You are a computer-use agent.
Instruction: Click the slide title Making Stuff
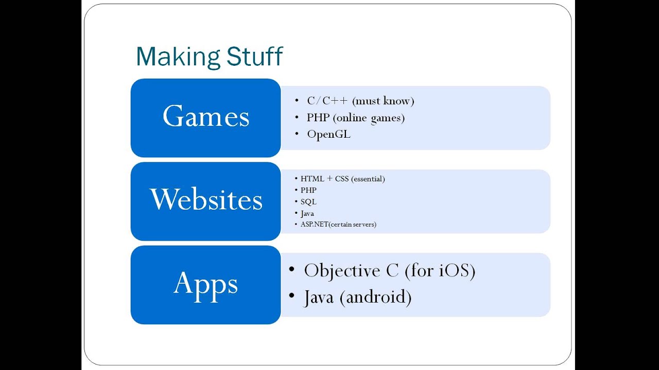click(x=209, y=57)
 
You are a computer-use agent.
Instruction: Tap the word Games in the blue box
click(x=206, y=116)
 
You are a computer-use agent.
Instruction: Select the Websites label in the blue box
click(x=206, y=199)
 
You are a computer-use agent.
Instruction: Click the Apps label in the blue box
click(x=206, y=283)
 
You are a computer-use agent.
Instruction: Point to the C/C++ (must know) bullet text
click(x=360, y=101)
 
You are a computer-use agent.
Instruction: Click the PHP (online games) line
click(x=355, y=118)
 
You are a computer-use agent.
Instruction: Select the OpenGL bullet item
click(x=328, y=134)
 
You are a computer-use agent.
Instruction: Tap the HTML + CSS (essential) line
click(x=342, y=179)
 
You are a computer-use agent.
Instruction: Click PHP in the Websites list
click(x=308, y=190)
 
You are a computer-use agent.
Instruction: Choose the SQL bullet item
click(x=308, y=201)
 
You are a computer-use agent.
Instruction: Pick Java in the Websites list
click(x=307, y=213)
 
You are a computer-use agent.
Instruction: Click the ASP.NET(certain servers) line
click(x=338, y=224)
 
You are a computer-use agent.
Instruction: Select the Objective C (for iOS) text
click(x=389, y=270)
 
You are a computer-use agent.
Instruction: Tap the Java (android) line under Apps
click(x=357, y=297)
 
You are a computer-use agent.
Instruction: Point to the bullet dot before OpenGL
click(x=297, y=134)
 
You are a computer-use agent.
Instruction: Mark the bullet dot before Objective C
click(x=292, y=269)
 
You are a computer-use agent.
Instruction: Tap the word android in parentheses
click(x=375, y=297)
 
